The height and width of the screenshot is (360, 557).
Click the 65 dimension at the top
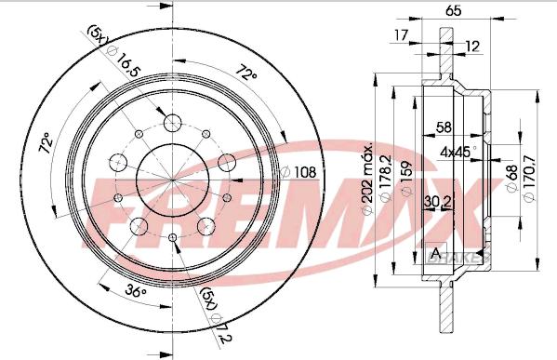(x=453, y=10)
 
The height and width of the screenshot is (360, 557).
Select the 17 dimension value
(x=402, y=35)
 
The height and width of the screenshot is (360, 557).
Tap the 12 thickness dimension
(x=472, y=47)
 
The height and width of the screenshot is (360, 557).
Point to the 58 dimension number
(x=444, y=127)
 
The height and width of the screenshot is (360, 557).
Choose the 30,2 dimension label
(x=438, y=202)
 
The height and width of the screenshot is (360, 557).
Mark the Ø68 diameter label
(x=511, y=179)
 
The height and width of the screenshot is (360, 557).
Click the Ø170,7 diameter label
(x=528, y=179)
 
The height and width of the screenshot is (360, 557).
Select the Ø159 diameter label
(x=406, y=179)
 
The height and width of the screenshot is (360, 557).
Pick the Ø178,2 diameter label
(x=385, y=179)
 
